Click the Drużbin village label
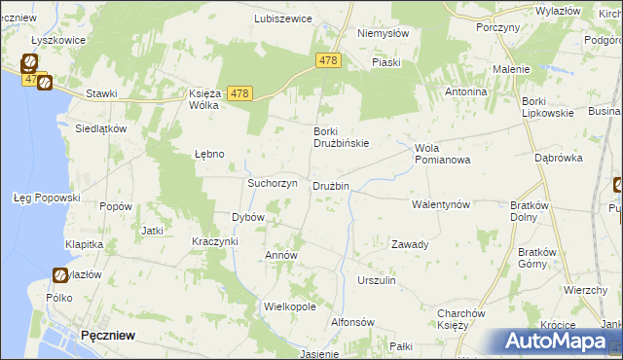click(x=330, y=186)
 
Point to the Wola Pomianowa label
click(x=442, y=154)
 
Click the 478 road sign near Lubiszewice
click(x=328, y=60)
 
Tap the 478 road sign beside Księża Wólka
click(x=240, y=93)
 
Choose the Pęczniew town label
click(x=108, y=334)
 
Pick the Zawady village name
click(x=410, y=244)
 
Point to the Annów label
click(x=281, y=255)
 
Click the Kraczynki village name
click(x=215, y=240)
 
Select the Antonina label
click(x=465, y=91)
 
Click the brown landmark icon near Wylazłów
click(x=59, y=275)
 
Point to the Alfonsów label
click(x=353, y=322)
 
